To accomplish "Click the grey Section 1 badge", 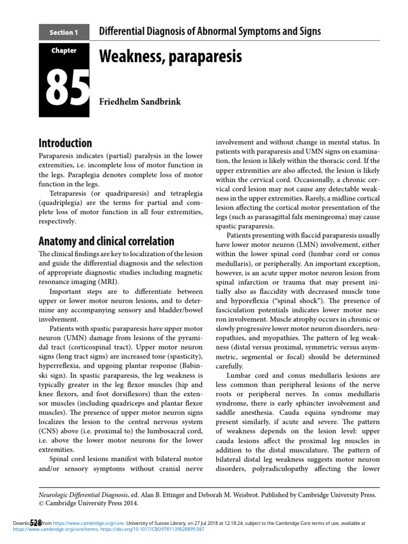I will [x=63, y=32].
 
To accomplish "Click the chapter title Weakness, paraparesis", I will [x=171, y=56].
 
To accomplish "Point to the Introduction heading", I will [x=65, y=143].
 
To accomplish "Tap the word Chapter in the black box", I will [x=63, y=51].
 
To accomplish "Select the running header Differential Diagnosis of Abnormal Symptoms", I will [x=210, y=31].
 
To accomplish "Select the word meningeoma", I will [x=335, y=217].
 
